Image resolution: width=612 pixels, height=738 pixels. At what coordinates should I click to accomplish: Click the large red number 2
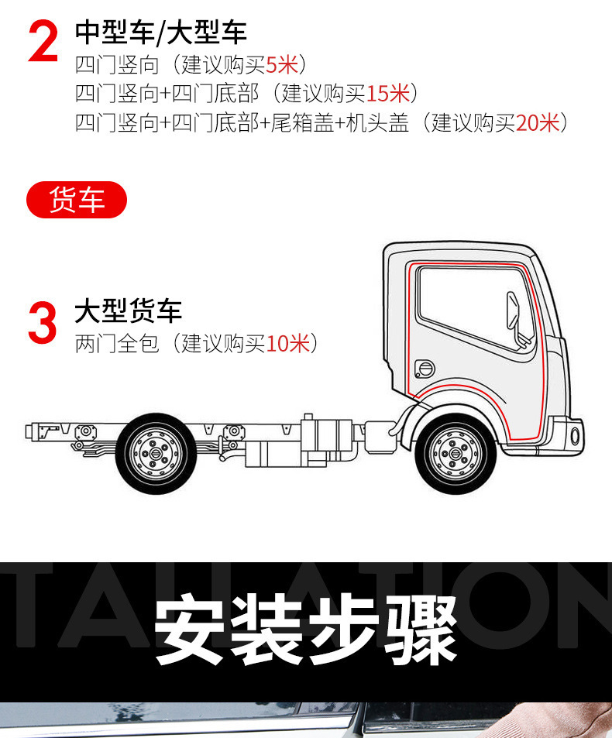43,43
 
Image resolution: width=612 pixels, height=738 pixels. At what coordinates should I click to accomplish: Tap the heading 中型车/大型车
160,33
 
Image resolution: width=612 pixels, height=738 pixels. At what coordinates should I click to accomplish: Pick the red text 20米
537,122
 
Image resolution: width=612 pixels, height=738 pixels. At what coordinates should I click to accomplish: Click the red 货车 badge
77,200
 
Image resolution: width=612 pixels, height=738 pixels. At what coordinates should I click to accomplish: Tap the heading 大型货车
128,311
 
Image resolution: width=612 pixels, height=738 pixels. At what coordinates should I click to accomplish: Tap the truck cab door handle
425,366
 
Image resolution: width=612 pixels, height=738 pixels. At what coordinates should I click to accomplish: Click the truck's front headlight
576,434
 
